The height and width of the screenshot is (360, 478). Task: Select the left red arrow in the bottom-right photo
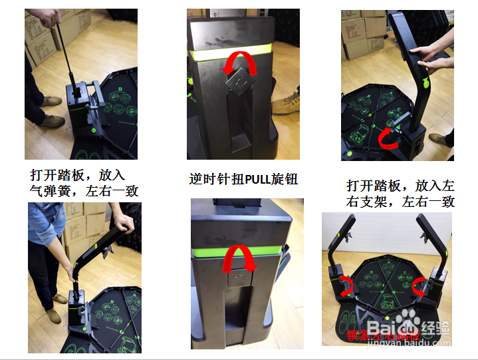tap(346, 285)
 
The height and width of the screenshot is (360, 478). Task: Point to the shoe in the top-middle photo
tap(286, 103)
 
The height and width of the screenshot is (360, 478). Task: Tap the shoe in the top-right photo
tap(438, 140)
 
